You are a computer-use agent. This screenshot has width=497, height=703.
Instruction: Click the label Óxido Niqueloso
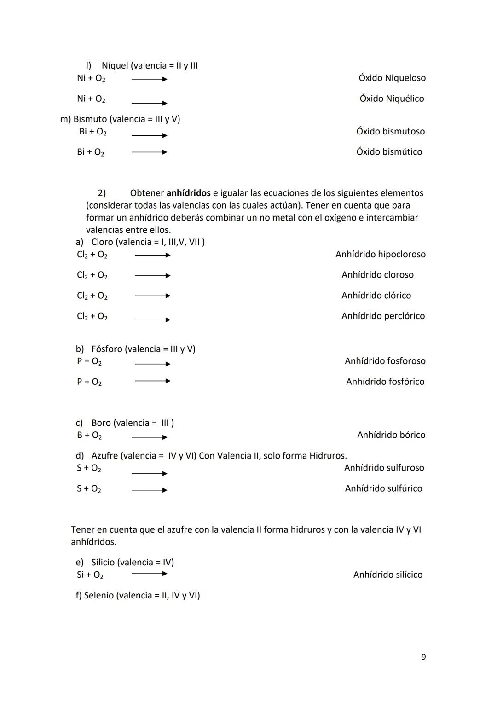(392, 78)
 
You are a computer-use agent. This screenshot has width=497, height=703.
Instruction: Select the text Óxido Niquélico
(392, 99)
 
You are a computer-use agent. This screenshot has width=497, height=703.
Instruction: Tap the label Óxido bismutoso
(390, 131)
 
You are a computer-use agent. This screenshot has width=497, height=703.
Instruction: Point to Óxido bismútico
(389, 152)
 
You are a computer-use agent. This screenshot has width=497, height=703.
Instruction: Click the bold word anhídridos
(188, 193)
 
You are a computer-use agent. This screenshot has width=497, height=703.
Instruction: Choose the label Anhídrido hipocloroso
(380, 254)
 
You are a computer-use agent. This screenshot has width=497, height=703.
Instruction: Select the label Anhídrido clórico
(376, 296)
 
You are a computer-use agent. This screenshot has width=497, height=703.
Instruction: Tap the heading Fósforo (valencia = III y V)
(143, 349)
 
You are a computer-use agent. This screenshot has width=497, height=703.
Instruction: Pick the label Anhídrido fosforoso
(385, 361)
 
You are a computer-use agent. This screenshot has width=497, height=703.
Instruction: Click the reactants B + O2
(89, 435)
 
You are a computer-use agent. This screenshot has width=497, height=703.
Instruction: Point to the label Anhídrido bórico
(391, 435)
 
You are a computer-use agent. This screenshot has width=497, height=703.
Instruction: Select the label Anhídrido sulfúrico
(383, 488)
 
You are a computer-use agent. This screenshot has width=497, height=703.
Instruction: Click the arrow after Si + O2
(149, 574)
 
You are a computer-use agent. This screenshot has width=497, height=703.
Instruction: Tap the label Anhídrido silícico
(387, 575)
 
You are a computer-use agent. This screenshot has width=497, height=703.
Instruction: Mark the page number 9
(423, 657)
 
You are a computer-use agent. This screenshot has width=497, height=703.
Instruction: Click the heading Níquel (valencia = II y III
(150, 65)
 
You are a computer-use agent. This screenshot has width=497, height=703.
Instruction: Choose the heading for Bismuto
(121, 119)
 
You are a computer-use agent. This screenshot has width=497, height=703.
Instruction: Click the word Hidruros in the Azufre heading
(327, 456)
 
